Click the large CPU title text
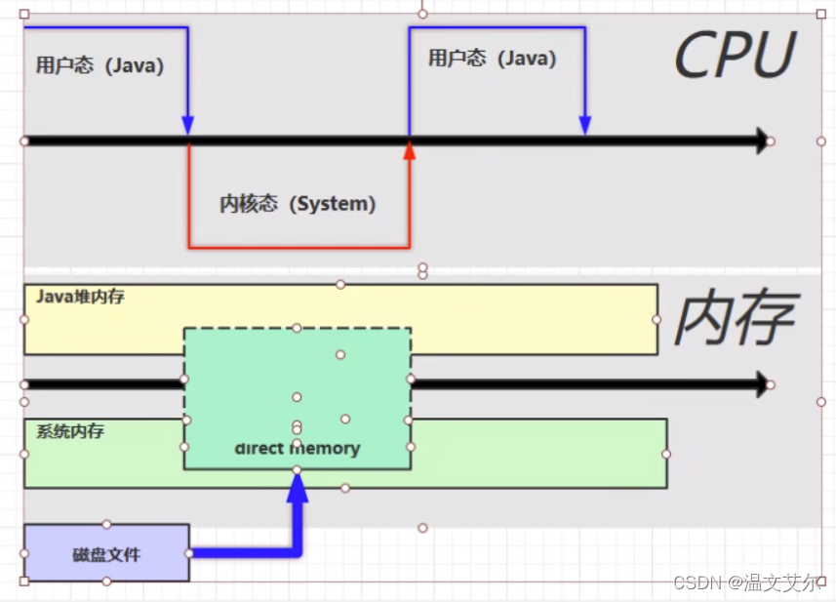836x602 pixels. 734,56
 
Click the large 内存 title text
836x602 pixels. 734,318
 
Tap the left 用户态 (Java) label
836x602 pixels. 100,66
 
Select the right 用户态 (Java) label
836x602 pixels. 492,59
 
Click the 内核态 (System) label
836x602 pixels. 298,204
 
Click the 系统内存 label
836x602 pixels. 70,431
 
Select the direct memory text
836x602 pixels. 298,449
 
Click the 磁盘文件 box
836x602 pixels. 106,554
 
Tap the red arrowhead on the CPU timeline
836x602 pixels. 410,150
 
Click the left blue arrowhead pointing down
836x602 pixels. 187,126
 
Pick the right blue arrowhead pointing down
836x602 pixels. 584,126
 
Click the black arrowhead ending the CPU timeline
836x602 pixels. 762,141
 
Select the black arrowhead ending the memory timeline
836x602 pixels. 762,384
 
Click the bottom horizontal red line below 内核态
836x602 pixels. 299,247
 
